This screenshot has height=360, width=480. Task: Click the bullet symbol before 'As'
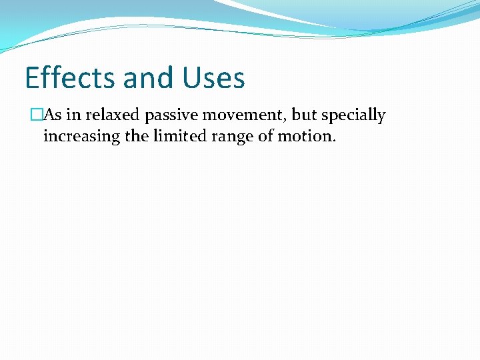[37, 115]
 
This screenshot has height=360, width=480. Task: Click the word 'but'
[305, 115]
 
